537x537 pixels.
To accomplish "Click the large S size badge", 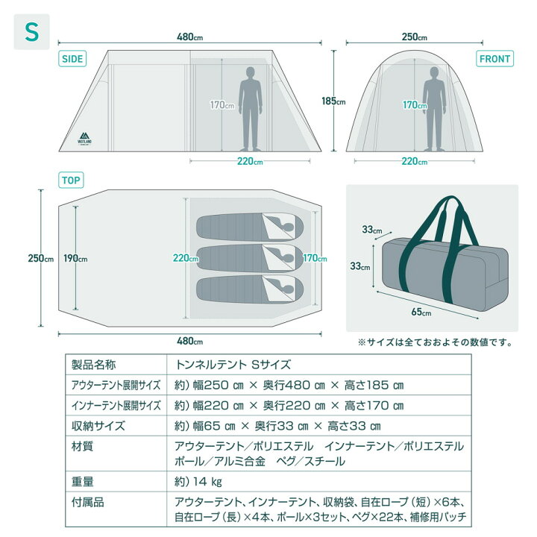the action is [x=31, y=32].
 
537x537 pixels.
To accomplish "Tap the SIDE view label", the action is [x=72, y=59].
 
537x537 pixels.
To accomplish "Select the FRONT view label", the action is [x=495, y=59].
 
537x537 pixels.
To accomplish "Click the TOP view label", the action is [x=71, y=180].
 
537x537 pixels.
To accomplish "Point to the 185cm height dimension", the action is [x=333, y=101].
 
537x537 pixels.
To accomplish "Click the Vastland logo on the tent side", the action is [x=84, y=138].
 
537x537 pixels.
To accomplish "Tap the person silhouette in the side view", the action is [x=251, y=109].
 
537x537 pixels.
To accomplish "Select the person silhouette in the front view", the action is [x=434, y=109].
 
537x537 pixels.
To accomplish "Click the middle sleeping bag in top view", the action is [x=250, y=259].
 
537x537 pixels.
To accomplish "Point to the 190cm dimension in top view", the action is [x=75, y=258].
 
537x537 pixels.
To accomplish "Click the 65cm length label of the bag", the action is [x=421, y=312].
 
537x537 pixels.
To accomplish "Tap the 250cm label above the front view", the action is [x=415, y=37].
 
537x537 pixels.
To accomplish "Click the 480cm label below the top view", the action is [x=189, y=341].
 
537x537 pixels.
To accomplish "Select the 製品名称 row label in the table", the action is [x=93, y=365].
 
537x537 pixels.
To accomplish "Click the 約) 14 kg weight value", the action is [x=198, y=482].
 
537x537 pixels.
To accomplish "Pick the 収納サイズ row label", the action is [x=98, y=426].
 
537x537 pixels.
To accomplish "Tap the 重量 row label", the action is [x=82, y=482].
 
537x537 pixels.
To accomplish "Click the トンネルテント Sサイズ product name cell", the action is [x=233, y=365].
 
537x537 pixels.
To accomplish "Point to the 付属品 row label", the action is [x=88, y=503].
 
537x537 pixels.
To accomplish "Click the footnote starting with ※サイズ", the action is [x=435, y=342].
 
